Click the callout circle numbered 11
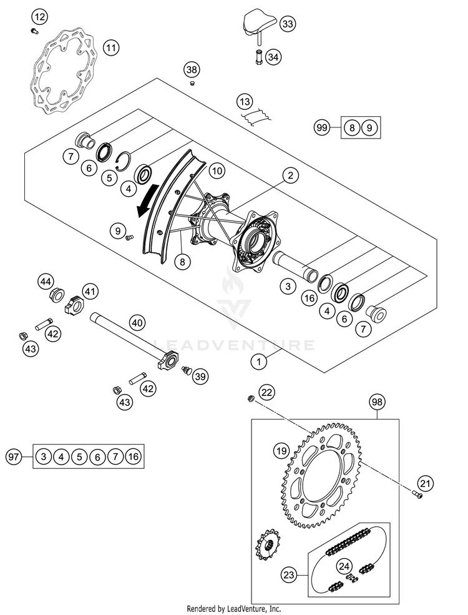pos(111,47)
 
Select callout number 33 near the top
pos(288,24)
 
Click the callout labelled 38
pos(192,69)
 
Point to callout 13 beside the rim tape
pos(244,101)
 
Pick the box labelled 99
pos(322,128)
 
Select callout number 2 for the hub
pos(290,177)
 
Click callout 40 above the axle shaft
pos(137,323)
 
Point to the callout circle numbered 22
pos(266,392)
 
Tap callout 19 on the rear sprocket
pos(281,450)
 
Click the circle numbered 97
pos(13,458)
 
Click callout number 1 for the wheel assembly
pos(258,360)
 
